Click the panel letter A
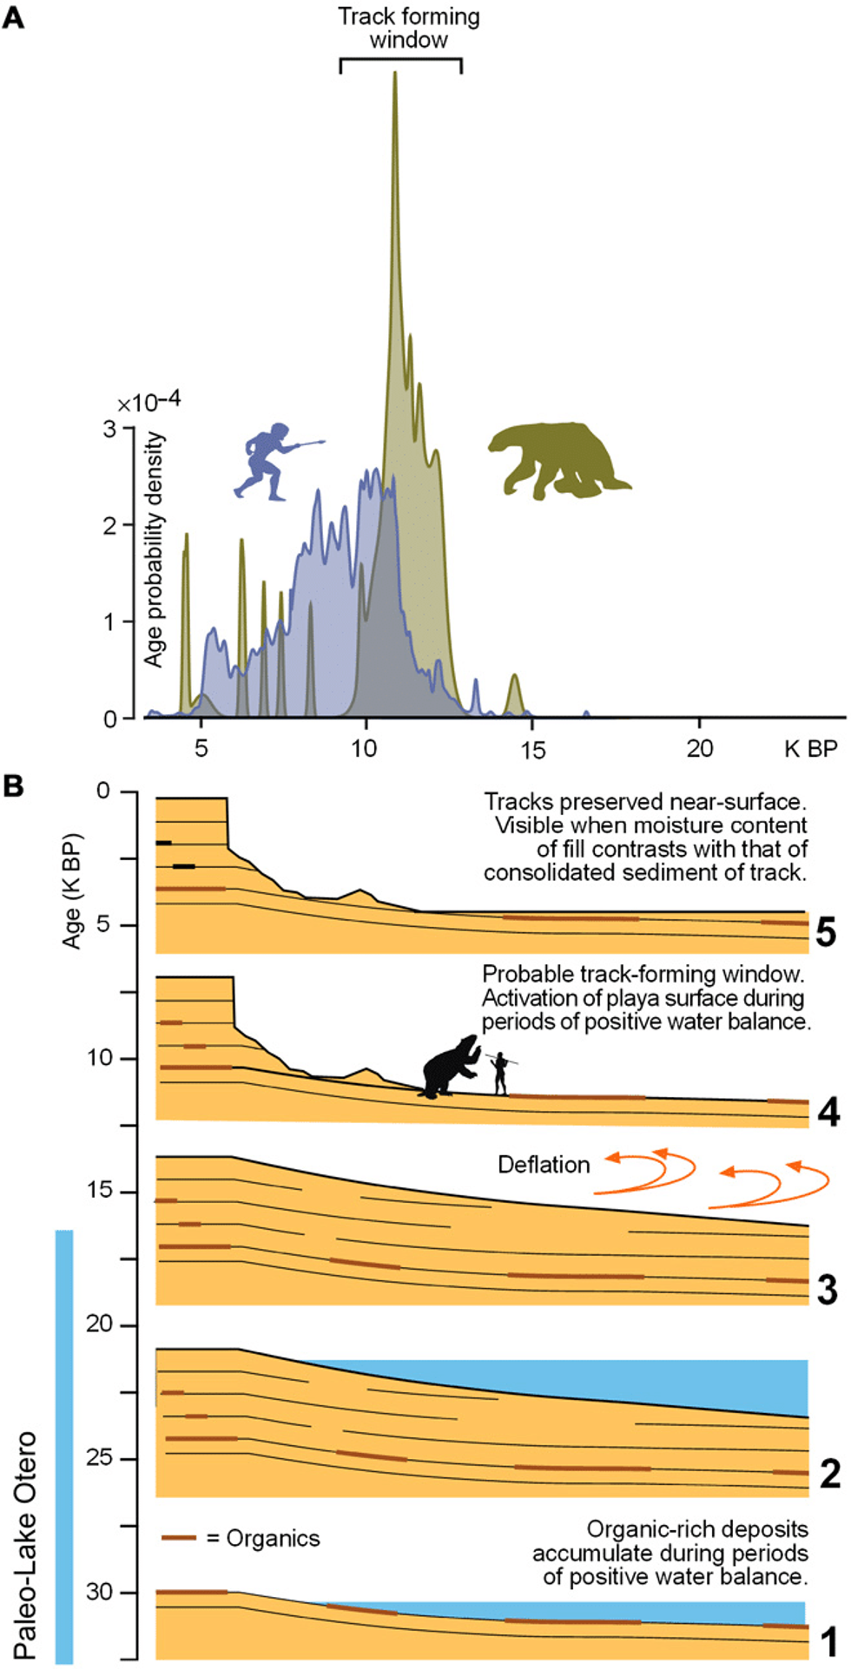pyautogui.click(x=13, y=17)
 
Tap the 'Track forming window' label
pyautogui.click(x=408, y=29)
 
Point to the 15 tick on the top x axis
pyautogui.click(x=532, y=748)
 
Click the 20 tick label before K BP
pyautogui.click(x=699, y=748)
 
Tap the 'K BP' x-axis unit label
pyautogui.click(x=810, y=748)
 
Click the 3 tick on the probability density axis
pyautogui.click(x=110, y=429)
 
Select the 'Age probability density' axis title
pyautogui.click(x=155, y=549)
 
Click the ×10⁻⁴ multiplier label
pyautogui.click(x=149, y=403)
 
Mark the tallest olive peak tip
pyautogui.click(x=395, y=73)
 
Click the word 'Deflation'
pyautogui.click(x=544, y=1165)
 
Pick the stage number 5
pyautogui.click(x=826, y=933)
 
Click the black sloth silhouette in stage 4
pyautogui.click(x=449, y=1068)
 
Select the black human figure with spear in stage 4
pyautogui.click(x=500, y=1074)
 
